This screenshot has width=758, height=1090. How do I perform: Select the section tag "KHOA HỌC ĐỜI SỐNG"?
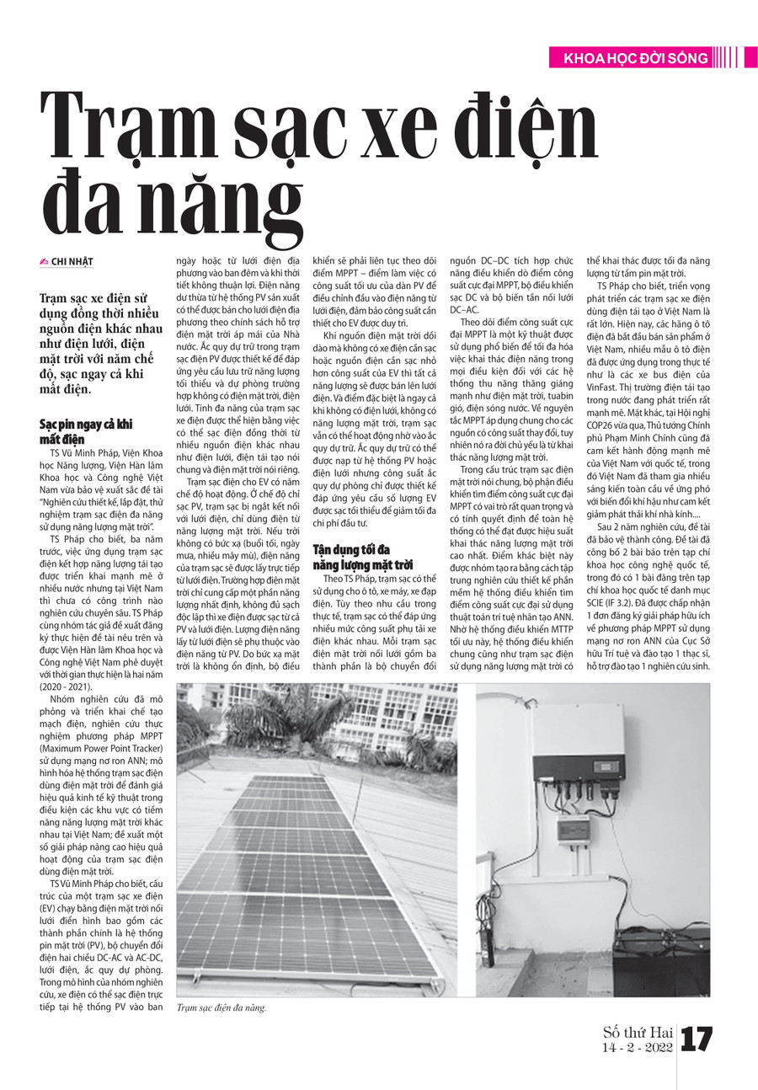coord(627,58)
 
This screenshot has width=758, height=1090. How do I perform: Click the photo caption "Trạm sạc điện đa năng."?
coord(221,1007)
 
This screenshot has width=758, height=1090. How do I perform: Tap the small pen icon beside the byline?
coord(44,262)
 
